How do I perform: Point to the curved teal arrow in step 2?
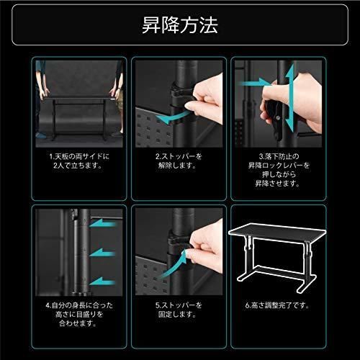pyautogui.click(x=170, y=116)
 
